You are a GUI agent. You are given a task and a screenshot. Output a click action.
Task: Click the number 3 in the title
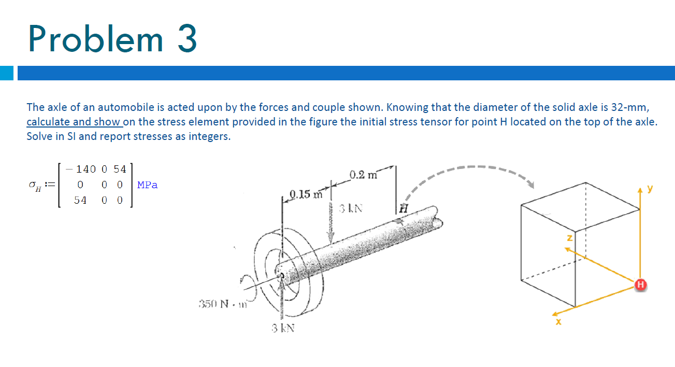point(187,39)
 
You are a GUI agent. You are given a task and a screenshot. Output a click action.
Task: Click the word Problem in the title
point(96,39)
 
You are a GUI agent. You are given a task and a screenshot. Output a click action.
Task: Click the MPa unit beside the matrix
point(148,185)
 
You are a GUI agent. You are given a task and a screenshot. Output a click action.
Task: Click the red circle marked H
point(640,284)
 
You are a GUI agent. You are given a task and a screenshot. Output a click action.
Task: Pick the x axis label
point(558,322)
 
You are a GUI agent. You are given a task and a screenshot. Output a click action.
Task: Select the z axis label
point(569,238)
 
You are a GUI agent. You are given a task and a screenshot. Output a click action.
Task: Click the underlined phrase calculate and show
point(74,122)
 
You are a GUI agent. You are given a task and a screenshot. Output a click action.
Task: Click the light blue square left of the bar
point(7,73)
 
